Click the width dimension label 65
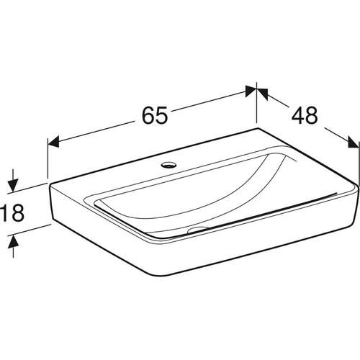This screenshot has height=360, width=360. click(155, 115)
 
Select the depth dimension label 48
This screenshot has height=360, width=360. click(305, 115)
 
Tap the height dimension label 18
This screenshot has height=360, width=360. click(12, 212)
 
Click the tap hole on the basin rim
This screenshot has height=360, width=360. click(169, 165)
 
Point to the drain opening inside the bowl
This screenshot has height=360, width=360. click(198, 230)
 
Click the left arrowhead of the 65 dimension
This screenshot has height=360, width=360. click(53, 142)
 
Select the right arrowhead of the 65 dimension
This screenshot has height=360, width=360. click(251, 91)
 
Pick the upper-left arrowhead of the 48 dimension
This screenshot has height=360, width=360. click(262, 94)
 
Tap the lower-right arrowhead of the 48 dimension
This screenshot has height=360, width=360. click(354, 143)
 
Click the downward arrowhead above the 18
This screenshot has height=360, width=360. click(13, 186)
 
